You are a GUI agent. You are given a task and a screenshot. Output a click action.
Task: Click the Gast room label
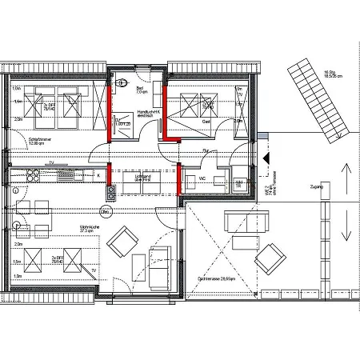(x=206, y=122)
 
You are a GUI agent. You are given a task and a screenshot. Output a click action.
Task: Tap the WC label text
(x=203, y=178)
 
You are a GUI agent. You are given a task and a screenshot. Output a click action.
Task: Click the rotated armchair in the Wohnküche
(x=125, y=241)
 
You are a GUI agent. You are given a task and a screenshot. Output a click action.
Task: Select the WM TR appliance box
(x=239, y=183)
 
